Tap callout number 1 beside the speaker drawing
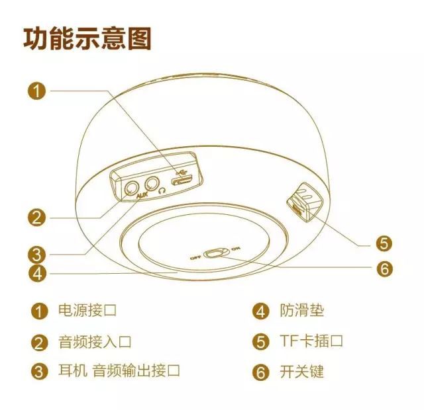click(37, 91)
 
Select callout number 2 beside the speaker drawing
click(37, 218)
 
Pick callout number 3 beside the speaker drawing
click(37, 255)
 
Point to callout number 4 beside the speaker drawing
click(37, 273)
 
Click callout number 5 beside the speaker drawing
click(384, 243)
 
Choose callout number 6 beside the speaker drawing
click(384, 268)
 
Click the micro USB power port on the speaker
click(182, 180)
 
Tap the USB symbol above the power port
click(181, 171)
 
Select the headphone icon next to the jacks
click(162, 191)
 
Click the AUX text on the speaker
click(142, 195)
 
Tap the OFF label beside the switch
click(195, 258)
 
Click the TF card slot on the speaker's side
click(297, 208)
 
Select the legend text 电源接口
click(87, 310)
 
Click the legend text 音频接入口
click(95, 341)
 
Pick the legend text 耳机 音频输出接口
click(119, 370)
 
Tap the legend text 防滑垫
click(302, 310)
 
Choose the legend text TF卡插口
click(311, 341)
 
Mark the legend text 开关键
click(302, 372)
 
